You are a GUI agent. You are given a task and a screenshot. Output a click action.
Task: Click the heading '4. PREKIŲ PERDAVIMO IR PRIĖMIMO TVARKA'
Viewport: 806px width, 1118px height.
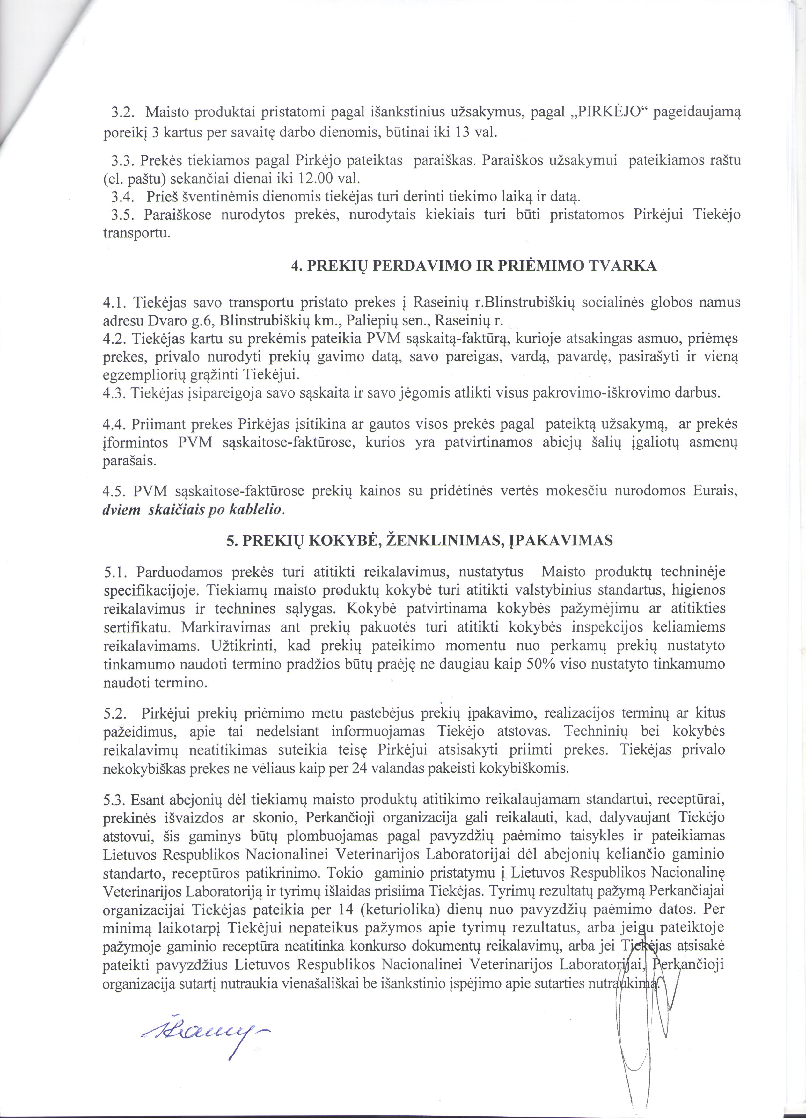coord(474,267)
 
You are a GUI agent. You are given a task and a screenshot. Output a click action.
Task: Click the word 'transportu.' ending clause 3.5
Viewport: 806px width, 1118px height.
coord(136,233)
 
